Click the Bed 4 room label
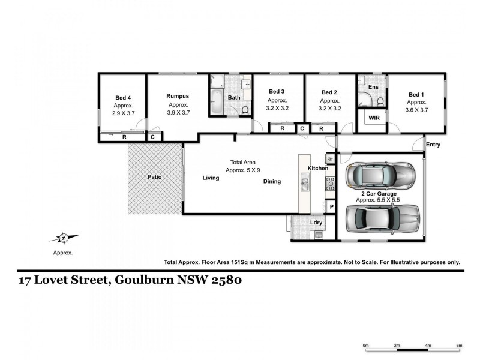(x=122, y=97)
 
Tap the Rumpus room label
(x=178, y=96)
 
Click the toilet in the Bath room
(x=245, y=109)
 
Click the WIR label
(x=374, y=118)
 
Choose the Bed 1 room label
(x=416, y=94)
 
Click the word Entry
(x=433, y=145)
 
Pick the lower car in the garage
(x=382, y=218)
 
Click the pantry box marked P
(x=331, y=207)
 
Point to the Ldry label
(x=316, y=223)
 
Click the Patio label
(x=155, y=177)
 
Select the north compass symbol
(x=63, y=238)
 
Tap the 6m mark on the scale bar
(x=459, y=346)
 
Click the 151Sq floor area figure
(x=254, y=262)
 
